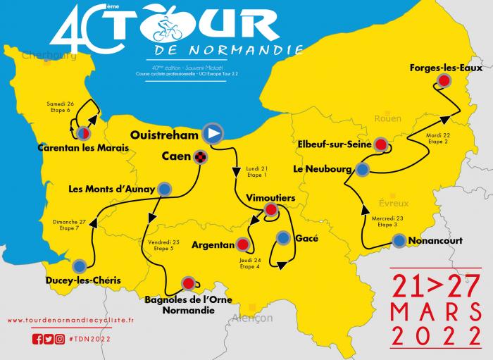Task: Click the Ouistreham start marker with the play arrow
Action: (x=213, y=133)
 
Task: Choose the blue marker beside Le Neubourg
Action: (x=362, y=169)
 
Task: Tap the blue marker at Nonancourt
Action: (x=399, y=240)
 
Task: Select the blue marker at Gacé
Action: (x=283, y=237)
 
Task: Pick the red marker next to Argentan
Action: (x=243, y=244)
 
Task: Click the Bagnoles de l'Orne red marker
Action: (x=188, y=283)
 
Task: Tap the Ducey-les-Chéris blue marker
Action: (x=80, y=266)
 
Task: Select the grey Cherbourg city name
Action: (x=49, y=55)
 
